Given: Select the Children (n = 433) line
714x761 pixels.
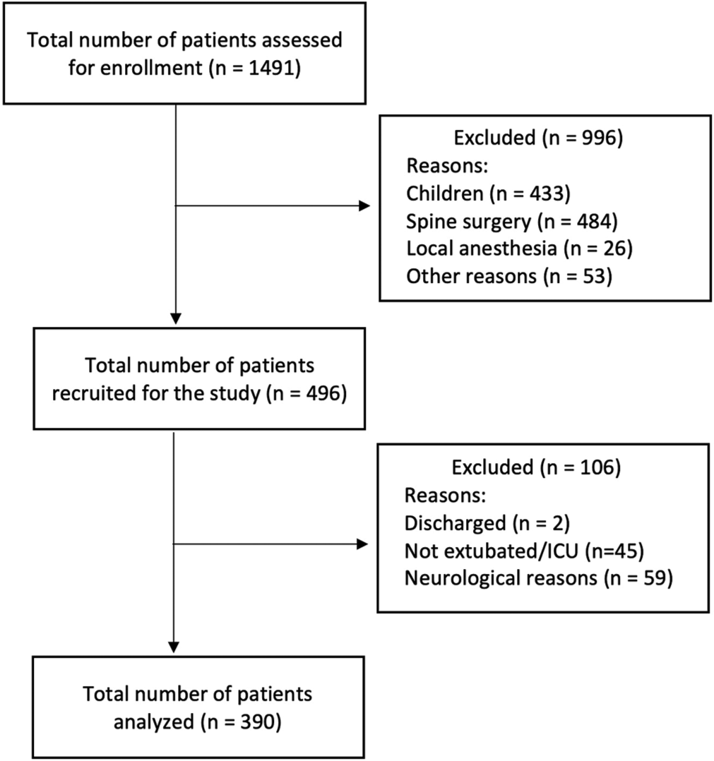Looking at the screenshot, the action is point(488,193).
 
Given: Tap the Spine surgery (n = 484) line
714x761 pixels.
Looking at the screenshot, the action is point(512,222).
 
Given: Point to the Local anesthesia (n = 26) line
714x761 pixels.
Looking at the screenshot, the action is point(519,248).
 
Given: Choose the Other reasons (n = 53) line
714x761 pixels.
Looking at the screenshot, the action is point(509,276).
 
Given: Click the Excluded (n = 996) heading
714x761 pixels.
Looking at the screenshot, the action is point(538,138).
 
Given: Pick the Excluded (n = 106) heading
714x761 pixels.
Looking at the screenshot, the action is point(536,467).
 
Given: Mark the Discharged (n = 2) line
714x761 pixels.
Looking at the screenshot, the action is point(487,523).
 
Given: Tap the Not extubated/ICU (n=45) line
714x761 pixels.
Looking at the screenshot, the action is point(524,551).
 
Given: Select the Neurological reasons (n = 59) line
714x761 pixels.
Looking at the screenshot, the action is point(539,578).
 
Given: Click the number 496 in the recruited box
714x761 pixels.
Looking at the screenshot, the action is point(322,393).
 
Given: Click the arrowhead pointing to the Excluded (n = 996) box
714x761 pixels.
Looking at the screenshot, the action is point(364,206).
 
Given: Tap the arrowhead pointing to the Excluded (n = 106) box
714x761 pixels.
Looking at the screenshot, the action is point(362,544).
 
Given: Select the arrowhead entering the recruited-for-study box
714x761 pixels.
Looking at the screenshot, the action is point(176,318).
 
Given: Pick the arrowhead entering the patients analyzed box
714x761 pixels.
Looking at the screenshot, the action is point(174,647).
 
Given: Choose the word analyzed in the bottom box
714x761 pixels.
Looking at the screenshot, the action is point(154,721).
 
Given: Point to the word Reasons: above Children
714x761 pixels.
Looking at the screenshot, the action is point(447,166).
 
